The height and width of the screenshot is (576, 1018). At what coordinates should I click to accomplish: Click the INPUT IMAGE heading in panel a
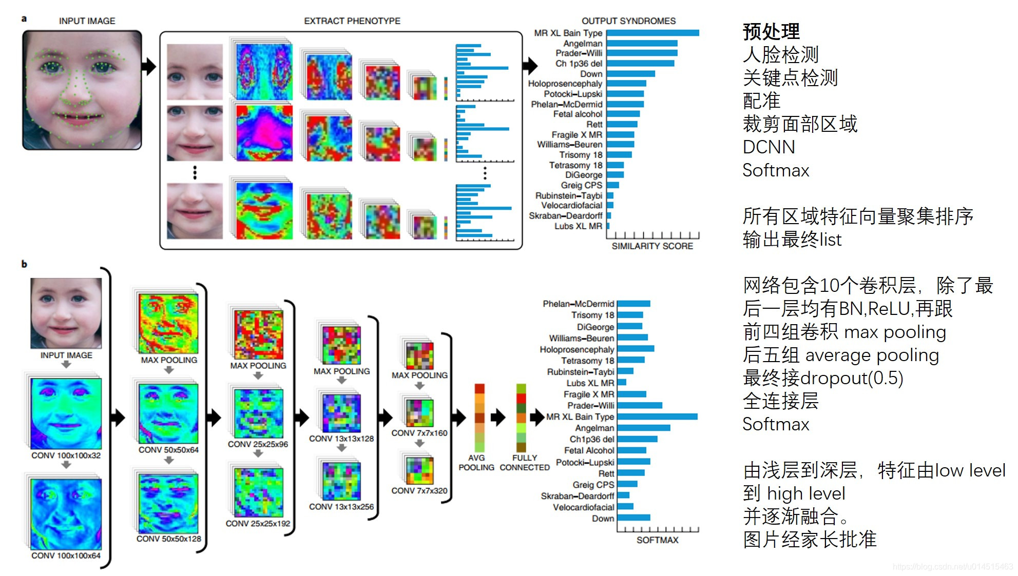point(87,21)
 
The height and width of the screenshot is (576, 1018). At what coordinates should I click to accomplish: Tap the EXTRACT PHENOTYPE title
point(352,21)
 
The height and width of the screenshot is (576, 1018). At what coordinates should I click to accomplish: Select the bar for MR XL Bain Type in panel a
point(652,33)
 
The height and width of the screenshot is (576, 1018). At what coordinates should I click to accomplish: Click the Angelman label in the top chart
point(583,44)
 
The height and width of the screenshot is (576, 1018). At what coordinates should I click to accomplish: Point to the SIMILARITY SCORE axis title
point(652,246)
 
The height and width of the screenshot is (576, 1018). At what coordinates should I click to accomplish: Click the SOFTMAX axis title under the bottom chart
point(657,540)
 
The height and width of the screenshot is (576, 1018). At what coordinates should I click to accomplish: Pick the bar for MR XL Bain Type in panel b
point(657,416)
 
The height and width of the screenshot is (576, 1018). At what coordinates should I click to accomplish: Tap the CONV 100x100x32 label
point(66,455)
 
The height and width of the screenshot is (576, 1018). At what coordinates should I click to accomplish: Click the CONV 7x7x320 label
point(419,491)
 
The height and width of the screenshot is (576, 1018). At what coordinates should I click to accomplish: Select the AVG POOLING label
point(476,463)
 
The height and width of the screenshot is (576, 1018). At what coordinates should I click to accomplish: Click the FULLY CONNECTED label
point(525,463)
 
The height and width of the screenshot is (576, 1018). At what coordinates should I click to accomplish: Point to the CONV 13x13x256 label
point(341,507)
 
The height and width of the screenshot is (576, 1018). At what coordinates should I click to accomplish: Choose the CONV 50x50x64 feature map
point(168,413)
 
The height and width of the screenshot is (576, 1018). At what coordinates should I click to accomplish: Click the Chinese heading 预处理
point(771,32)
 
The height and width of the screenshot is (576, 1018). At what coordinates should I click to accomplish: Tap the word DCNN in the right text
point(769,147)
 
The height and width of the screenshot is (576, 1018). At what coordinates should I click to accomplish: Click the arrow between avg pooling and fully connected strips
point(498,418)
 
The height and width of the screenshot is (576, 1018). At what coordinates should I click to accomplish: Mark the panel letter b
point(24,264)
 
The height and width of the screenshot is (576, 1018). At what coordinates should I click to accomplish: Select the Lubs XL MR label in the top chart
point(578,226)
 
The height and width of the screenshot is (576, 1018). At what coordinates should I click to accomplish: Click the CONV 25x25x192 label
point(258,524)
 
